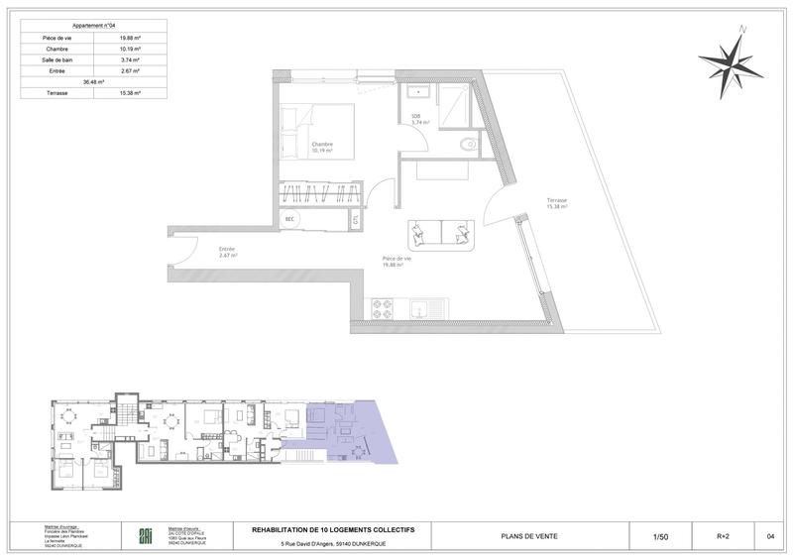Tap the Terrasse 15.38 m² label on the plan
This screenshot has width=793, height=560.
555,204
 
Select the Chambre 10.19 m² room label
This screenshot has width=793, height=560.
321,149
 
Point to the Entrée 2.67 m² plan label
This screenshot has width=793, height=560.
229,252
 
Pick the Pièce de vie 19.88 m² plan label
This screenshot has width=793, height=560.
397,262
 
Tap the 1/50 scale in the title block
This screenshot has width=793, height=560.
660,536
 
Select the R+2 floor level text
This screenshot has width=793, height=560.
722,536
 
